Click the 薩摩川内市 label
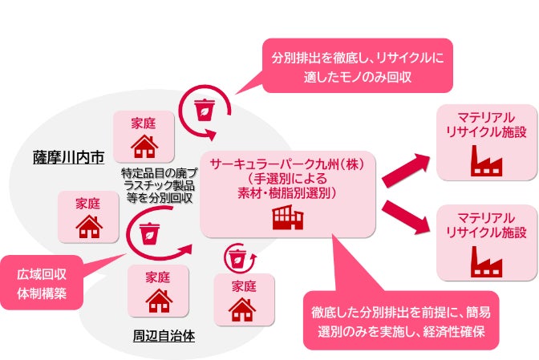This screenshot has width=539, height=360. pos(69,156)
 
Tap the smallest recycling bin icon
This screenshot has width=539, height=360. pos(237,258)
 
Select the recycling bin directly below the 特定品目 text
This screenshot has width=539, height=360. pos(149,233)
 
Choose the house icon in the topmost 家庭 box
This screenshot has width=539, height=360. pos(144,146)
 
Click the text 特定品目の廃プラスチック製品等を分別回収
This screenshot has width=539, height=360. pos(158,186)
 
